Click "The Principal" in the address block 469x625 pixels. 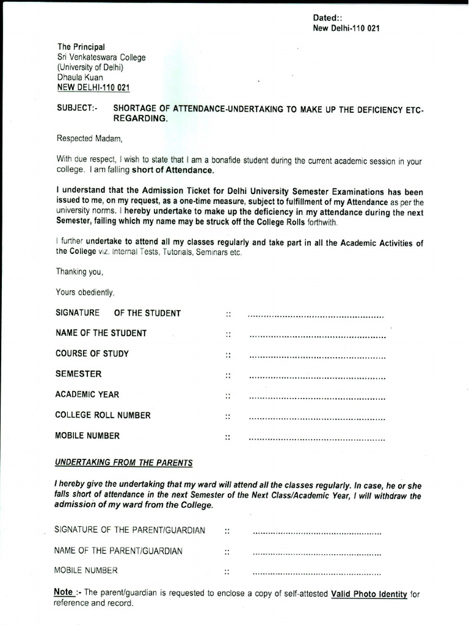click(x=81, y=47)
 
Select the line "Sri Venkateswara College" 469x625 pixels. click(x=101, y=57)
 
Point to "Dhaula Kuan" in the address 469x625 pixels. click(x=80, y=78)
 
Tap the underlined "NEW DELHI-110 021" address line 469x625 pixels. click(x=93, y=88)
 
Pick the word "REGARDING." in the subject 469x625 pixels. click(x=140, y=118)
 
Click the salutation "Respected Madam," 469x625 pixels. click(x=90, y=138)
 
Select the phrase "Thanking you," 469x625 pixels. click(x=80, y=272)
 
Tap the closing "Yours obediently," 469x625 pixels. click(x=85, y=292)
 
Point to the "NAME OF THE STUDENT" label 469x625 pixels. click(x=101, y=333)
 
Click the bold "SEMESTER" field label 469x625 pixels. click(x=79, y=374)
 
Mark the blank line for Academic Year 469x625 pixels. click(x=318, y=398)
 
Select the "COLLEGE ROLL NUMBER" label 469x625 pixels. click(x=103, y=415)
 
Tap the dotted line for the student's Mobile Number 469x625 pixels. click(x=318, y=439)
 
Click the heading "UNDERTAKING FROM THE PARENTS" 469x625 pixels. click(x=124, y=463)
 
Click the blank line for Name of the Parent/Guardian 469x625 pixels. click(x=317, y=554)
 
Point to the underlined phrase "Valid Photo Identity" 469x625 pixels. click(x=369, y=593)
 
